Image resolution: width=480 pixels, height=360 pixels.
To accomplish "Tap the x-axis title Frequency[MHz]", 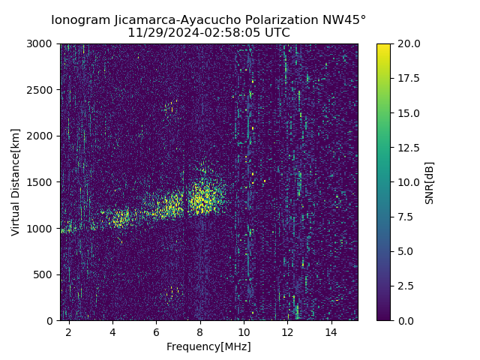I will [x=208, y=346].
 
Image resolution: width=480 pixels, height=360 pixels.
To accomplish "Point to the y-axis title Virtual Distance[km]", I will [x=16, y=182].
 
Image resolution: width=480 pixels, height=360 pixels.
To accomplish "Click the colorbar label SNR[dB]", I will [x=430, y=182].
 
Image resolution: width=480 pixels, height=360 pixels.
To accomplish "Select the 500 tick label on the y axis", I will [x=46, y=274].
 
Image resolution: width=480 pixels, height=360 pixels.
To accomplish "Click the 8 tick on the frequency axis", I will [x=200, y=331].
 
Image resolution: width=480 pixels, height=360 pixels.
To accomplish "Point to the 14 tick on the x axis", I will [x=331, y=331].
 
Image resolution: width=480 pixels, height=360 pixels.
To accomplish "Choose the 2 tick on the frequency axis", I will [x=69, y=331].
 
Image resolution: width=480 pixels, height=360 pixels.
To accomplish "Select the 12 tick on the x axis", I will [x=287, y=331].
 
